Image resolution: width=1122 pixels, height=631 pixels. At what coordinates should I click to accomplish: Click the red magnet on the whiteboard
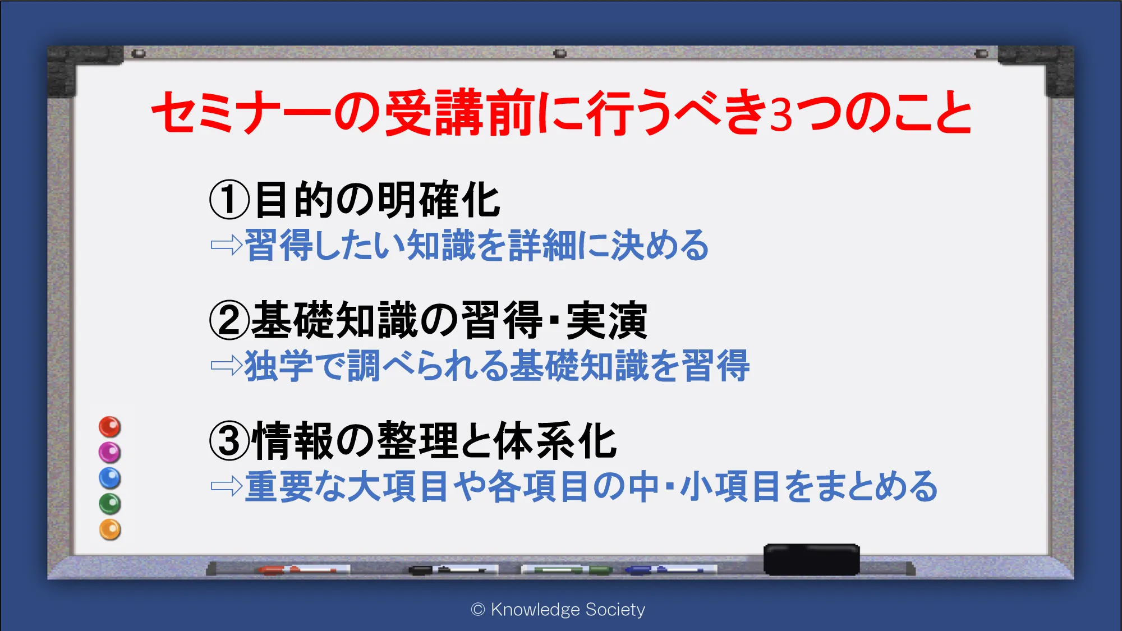[110, 427]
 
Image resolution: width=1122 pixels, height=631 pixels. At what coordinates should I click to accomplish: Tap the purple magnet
[110, 452]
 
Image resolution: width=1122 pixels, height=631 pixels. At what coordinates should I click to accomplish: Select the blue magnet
[110, 478]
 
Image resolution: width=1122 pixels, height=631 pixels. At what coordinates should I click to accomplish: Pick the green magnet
[110, 504]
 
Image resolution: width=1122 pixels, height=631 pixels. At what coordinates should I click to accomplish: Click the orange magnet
[110, 529]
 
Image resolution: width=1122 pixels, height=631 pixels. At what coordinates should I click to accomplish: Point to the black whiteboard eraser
[811, 559]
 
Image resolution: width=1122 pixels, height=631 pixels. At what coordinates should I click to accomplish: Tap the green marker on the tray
[567, 570]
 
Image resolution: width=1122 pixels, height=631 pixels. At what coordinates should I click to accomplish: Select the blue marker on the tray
[671, 570]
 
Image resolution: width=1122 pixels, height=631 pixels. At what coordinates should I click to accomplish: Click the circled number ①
[229, 200]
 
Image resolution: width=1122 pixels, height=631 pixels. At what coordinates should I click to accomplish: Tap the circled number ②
[229, 320]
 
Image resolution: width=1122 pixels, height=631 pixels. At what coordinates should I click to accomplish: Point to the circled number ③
[229, 441]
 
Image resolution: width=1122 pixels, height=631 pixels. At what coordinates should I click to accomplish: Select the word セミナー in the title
[241, 112]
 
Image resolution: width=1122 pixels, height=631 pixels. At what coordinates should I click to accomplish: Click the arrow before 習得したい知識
[227, 245]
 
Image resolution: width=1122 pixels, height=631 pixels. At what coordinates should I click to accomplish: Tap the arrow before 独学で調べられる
[227, 366]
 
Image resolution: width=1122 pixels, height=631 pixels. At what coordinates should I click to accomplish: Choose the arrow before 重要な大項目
[227, 486]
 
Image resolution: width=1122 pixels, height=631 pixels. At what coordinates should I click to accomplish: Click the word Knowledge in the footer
[535, 610]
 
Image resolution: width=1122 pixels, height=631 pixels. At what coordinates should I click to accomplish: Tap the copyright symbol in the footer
[478, 610]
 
